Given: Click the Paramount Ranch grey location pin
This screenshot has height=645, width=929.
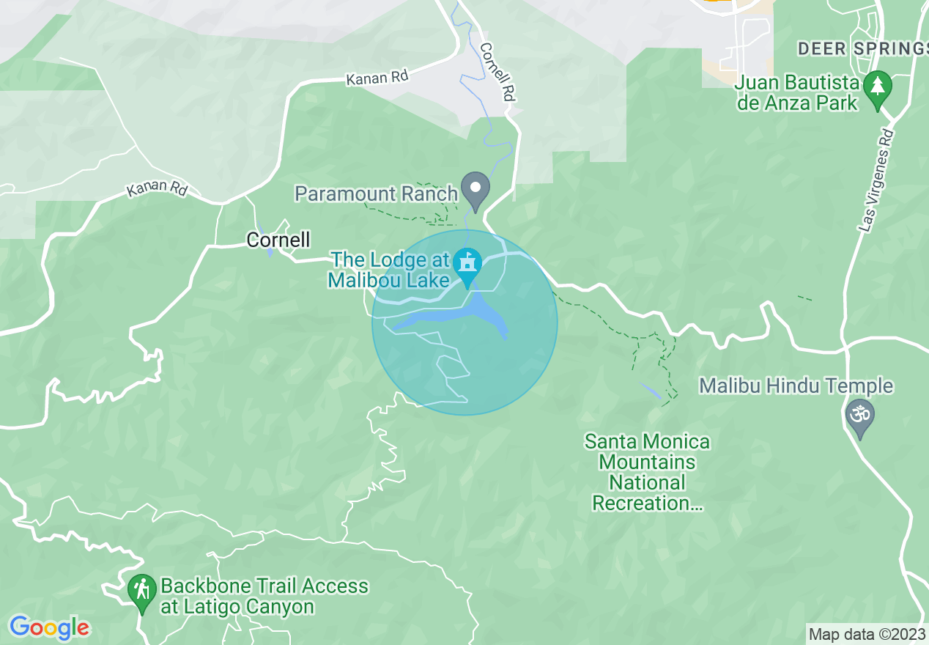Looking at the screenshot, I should pos(475,188).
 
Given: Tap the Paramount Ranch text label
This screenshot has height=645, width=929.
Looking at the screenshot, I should pos(376,193).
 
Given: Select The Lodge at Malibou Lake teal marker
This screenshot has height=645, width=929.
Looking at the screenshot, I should pos(467,264).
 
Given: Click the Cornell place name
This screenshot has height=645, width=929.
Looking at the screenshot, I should pos(278,240).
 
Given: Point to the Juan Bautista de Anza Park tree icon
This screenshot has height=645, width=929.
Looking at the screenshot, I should pos(876,87).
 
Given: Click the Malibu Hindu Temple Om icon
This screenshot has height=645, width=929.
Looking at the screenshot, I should pos(860,416).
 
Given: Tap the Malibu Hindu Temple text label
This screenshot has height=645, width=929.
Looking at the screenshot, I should pos(796,386).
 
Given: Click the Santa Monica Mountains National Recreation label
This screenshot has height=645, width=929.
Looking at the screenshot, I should pos(647,472).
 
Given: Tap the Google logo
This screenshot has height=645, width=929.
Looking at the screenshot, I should pos(49,627).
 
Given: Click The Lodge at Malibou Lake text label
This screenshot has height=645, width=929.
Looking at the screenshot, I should pos(377,270).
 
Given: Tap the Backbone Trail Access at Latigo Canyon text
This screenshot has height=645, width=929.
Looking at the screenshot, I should pos(264,596).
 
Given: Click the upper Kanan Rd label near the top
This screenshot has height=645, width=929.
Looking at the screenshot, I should pos(377,76).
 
